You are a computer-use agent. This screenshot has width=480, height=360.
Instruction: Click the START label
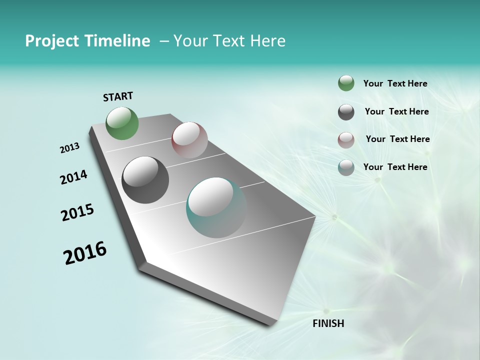coord(118,96)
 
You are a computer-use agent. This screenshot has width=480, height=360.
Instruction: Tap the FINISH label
coord(328,323)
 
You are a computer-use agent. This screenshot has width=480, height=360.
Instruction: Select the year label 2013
coord(69,148)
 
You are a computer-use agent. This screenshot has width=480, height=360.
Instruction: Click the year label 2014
coord(73,177)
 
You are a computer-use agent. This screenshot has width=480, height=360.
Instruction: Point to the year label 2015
coord(77,212)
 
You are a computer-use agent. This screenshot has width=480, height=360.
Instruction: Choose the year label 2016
coord(85,253)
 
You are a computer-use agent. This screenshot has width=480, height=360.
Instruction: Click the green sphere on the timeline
coord(122,123)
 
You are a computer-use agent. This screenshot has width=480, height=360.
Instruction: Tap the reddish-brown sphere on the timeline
coord(189,140)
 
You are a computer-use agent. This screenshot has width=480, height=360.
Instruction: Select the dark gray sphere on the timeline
coord(145,180)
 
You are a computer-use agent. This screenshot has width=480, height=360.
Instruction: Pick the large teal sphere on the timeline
coord(216,207)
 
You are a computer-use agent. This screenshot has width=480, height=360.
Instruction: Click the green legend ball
coord(346,83)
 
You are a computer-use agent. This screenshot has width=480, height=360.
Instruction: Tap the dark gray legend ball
coord(346,112)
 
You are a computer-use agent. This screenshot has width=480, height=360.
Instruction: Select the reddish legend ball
coord(346,140)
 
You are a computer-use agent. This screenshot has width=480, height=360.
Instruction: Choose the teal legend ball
coord(346,167)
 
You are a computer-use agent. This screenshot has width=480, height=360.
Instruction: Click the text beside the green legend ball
coord(395,84)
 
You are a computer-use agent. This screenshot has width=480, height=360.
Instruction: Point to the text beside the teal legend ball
coord(395,167)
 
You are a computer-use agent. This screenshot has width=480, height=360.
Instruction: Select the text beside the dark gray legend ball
coord(396,111)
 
